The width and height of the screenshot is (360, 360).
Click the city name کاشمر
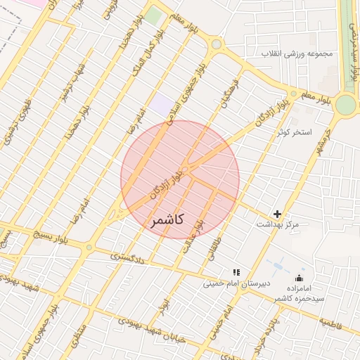point(167,220)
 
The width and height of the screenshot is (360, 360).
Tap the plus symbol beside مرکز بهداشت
point(278,214)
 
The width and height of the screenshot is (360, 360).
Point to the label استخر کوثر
point(294,132)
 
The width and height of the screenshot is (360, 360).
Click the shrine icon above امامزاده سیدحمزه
point(300,278)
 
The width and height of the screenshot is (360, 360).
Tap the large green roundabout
point(345,105)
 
